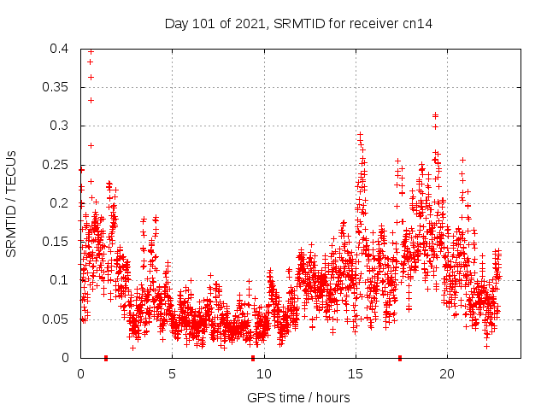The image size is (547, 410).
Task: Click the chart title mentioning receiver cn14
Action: click(298, 24)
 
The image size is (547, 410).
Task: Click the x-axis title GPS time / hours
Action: click(298, 397)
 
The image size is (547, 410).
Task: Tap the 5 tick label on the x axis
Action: click(172, 373)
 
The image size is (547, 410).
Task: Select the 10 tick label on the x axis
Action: click(264, 373)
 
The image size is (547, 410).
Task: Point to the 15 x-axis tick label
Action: click(356, 373)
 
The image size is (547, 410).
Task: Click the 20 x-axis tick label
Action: click(447, 373)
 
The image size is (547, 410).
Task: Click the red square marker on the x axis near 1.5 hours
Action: click(106, 358)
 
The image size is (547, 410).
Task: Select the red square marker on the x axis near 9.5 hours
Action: click(253, 358)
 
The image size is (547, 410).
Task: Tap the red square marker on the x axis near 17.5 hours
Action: click(400, 358)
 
